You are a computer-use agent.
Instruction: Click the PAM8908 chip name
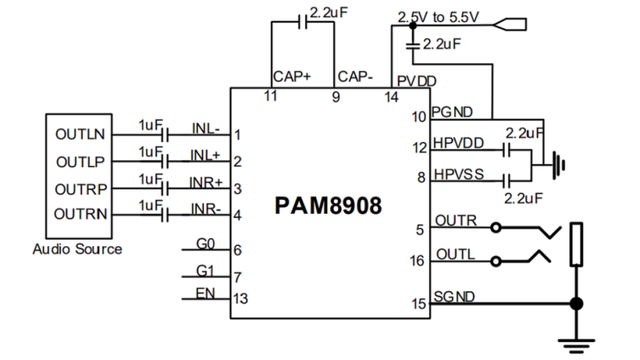click(328, 205)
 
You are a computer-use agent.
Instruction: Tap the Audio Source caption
click(77, 248)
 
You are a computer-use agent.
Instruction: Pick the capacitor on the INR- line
click(166, 216)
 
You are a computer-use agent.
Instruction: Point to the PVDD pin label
click(416, 81)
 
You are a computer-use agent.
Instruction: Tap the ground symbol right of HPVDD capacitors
click(560, 164)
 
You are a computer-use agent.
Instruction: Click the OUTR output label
click(452, 221)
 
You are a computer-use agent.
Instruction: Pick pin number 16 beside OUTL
click(418, 260)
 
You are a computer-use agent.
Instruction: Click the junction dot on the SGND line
click(577, 303)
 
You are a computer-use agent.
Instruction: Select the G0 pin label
click(204, 244)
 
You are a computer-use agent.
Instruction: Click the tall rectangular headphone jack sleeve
click(577, 244)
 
